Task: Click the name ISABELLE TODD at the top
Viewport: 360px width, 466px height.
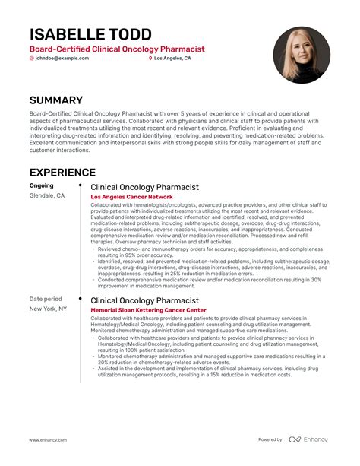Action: [90, 34]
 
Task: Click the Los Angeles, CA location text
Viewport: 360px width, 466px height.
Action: [172, 59]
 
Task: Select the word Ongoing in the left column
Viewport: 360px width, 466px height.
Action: [42, 185]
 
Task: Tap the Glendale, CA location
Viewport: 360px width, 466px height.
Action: [47, 195]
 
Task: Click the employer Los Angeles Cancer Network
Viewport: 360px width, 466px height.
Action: [132, 197]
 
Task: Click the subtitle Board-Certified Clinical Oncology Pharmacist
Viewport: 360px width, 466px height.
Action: [117, 49]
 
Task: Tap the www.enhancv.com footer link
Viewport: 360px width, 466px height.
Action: [50, 439]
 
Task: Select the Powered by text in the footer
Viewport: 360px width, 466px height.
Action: [270, 439]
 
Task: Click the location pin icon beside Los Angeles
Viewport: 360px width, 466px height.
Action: [150, 59]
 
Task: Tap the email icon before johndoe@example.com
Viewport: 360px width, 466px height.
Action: [32, 59]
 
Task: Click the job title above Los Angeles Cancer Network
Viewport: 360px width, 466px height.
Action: [144, 186]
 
